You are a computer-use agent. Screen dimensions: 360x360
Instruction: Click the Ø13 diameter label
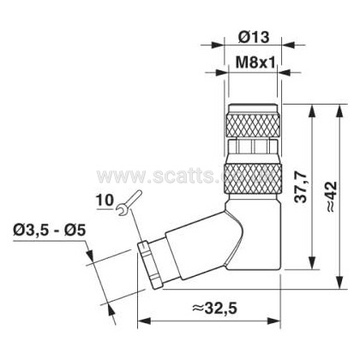pos(254,37)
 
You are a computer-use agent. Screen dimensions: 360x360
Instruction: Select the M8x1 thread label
pos(255,62)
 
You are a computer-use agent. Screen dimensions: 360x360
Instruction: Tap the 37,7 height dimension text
pos(301,187)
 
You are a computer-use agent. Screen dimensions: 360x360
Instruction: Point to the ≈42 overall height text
pos(332,196)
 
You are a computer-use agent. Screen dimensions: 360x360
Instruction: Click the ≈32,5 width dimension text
pos(214,309)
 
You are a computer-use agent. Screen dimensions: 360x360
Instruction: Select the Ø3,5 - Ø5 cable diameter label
pos(49,231)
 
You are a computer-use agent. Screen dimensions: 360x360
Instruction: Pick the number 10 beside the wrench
pos(105,200)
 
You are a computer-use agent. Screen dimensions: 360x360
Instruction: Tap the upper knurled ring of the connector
pos(253,125)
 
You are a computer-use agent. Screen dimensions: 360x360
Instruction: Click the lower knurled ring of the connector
pos(253,179)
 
